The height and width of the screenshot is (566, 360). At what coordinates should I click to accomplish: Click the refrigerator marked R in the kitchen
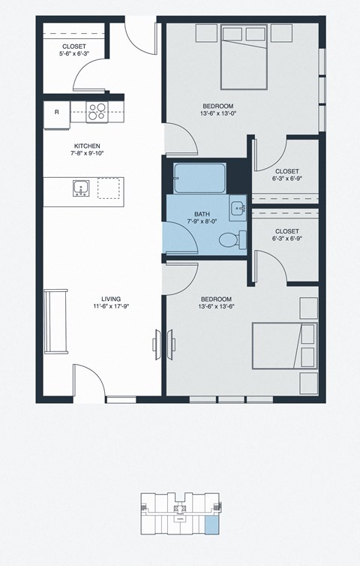pyautogui.click(x=56, y=113)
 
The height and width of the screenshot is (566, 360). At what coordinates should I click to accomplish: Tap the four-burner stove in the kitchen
pyautogui.click(x=96, y=112)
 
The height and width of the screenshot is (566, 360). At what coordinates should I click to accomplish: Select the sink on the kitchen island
pyautogui.click(x=80, y=188)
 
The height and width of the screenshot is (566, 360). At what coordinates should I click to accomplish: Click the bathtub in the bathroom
pyautogui.click(x=199, y=179)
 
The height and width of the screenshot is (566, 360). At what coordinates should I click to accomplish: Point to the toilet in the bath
pyautogui.click(x=231, y=239)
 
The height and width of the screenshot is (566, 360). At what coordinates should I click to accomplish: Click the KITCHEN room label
pyautogui.click(x=87, y=146)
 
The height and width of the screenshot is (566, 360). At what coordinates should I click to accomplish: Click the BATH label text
pyautogui.click(x=201, y=214)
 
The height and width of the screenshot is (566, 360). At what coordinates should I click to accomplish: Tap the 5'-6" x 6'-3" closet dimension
pyautogui.click(x=74, y=54)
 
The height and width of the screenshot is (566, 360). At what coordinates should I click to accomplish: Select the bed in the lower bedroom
pyautogui.click(x=283, y=345)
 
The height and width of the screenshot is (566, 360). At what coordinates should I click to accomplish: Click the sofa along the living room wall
pyautogui.click(x=55, y=321)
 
